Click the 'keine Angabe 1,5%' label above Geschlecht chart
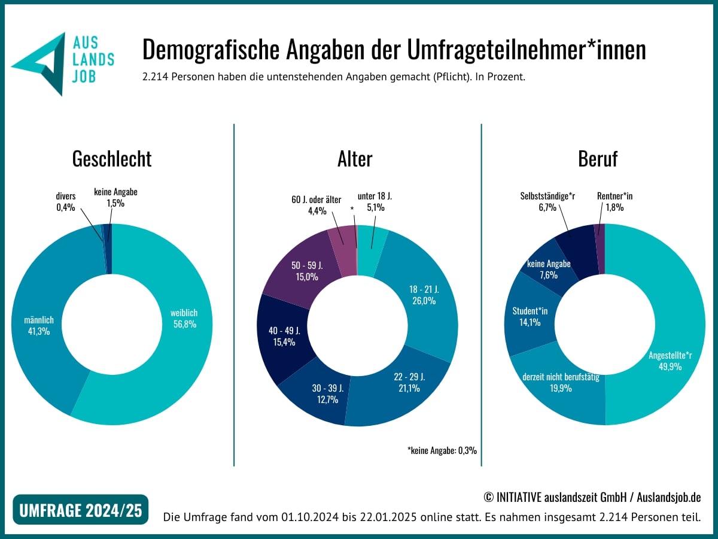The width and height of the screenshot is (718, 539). click(115, 198)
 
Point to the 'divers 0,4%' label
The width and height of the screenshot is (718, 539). click(66, 201)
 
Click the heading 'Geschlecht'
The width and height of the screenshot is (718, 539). click(112, 159)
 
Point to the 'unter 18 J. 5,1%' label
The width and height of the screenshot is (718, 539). click(375, 202)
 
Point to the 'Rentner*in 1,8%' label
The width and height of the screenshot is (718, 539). click(611, 201)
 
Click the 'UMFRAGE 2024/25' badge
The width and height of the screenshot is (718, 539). click(81, 510)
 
